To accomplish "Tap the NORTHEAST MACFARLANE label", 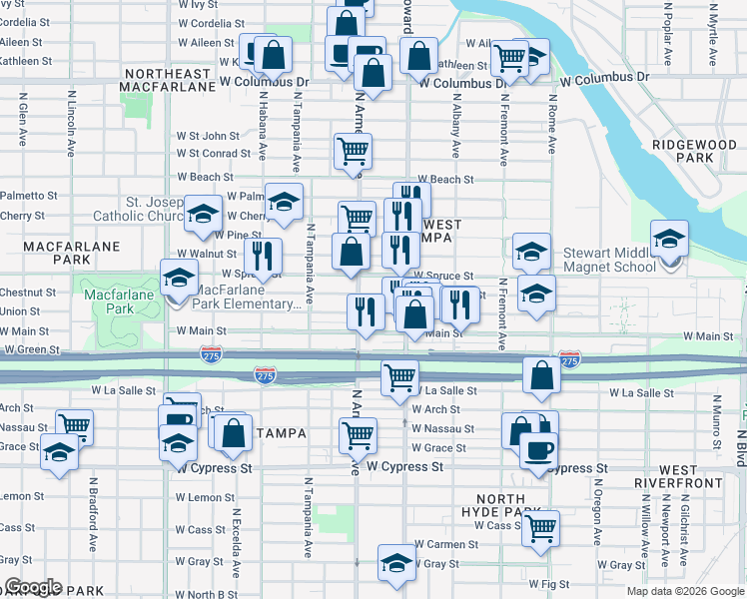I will [x=168, y=80].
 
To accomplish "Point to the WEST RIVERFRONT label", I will [x=679, y=476].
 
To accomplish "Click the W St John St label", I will [x=208, y=136].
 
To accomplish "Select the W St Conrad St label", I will [x=213, y=154].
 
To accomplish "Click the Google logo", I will [x=32, y=587].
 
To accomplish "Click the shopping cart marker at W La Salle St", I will [x=399, y=377].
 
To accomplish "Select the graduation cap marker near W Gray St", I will [x=396, y=562].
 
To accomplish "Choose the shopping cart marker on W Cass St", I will [x=540, y=526].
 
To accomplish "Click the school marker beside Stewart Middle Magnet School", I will [x=668, y=238].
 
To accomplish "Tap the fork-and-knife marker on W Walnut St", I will [x=262, y=255].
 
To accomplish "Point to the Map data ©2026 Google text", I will [x=685, y=592].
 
